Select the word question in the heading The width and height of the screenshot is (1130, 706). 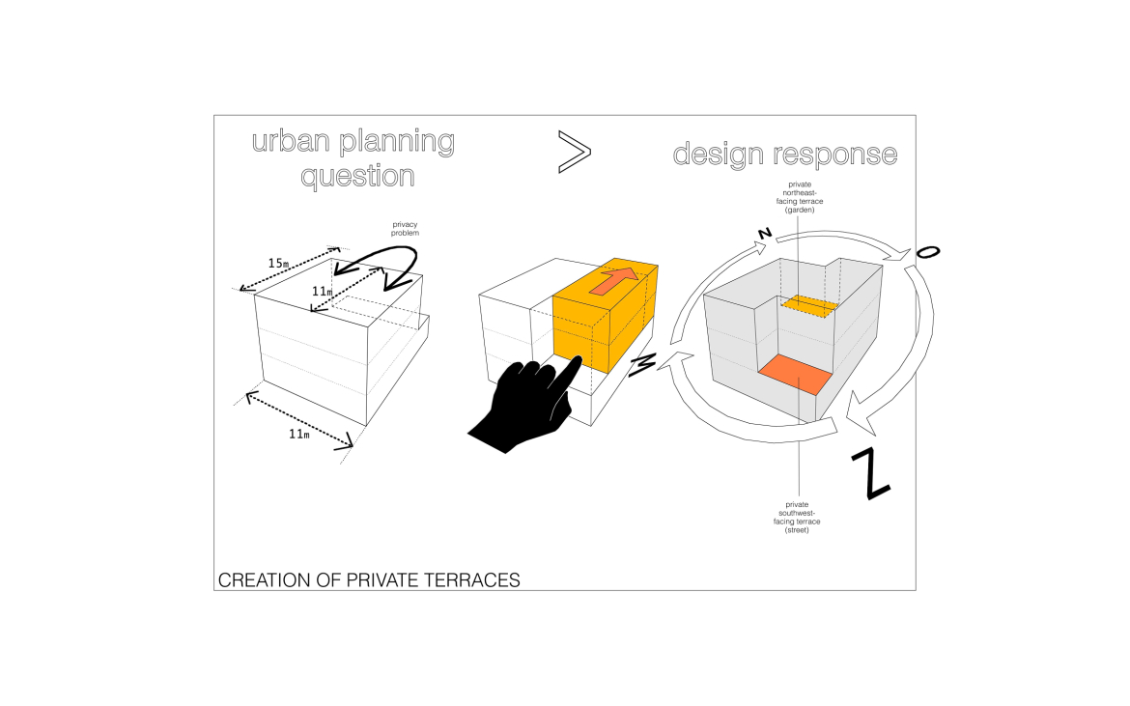click(x=357, y=176)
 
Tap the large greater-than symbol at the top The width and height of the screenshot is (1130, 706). click(x=573, y=153)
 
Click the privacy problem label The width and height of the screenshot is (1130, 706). click(x=405, y=229)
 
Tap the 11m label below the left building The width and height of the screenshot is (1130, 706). click(x=299, y=434)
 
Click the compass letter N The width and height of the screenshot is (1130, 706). click(x=764, y=234)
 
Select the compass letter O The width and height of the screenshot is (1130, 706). click(x=926, y=252)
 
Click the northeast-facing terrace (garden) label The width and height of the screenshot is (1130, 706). click(x=800, y=195)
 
